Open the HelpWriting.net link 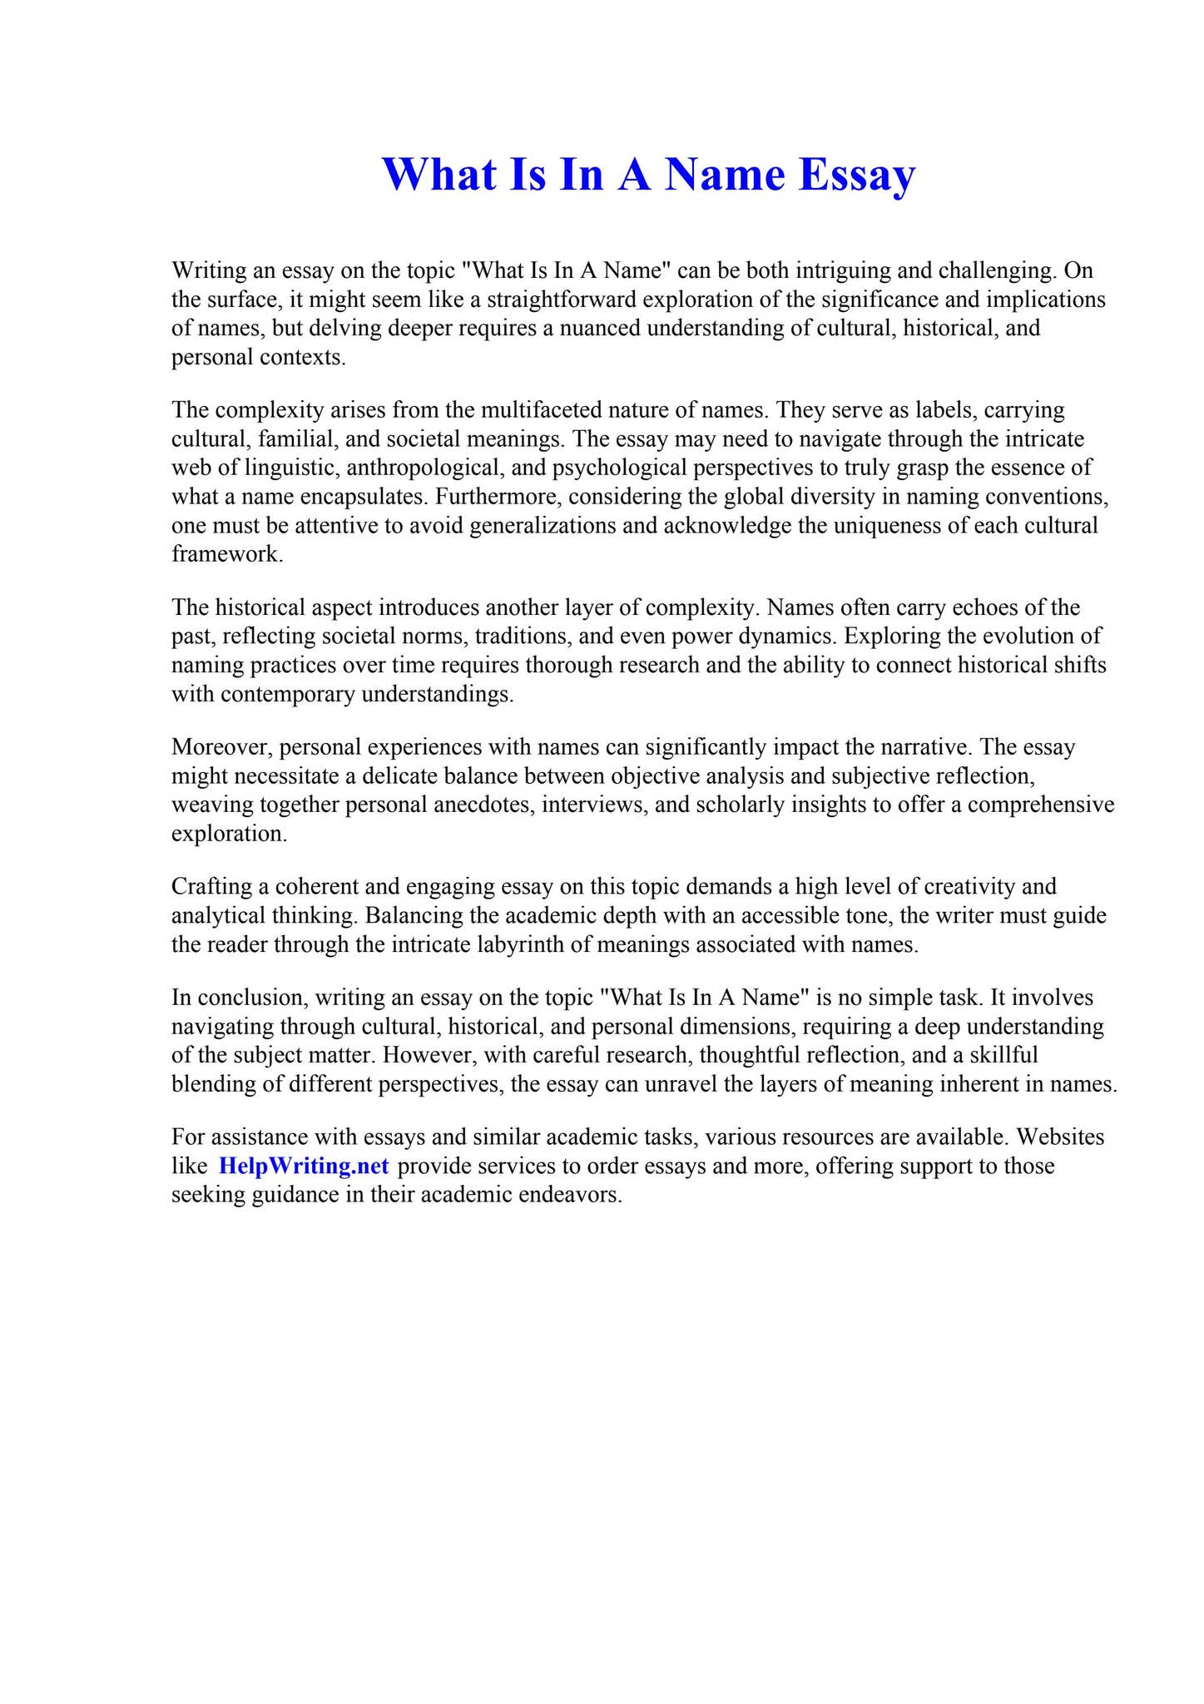[x=304, y=1166]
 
